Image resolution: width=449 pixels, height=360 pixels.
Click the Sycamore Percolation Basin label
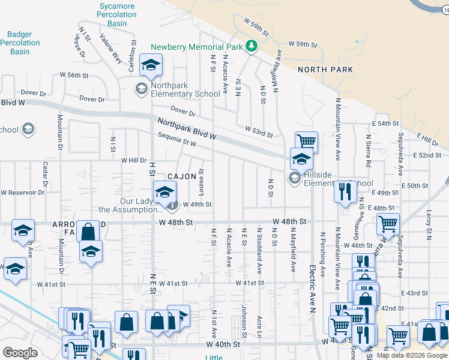[x=117, y=14]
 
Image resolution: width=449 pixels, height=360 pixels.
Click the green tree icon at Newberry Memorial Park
[x=251, y=46]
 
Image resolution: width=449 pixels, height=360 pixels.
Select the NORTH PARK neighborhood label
[x=325, y=70]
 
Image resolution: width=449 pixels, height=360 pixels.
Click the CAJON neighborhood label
[x=181, y=176]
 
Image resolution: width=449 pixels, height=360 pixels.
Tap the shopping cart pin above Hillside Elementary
[x=306, y=142]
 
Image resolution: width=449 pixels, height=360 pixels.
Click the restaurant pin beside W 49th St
[x=345, y=191]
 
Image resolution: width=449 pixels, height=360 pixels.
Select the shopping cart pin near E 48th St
[x=388, y=224]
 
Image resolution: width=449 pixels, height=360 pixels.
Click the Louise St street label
[x=202, y=178]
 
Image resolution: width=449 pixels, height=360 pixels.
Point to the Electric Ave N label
[x=313, y=288]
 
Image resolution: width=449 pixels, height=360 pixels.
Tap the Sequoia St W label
[x=177, y=139]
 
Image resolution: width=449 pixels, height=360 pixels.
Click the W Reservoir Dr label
[x=23, y=193]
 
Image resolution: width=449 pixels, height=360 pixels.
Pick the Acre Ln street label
[x=260, y=327]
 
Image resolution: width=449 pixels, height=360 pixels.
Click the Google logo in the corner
[x=20, y=352]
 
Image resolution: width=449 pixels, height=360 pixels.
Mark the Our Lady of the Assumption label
[x=130, y=205]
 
